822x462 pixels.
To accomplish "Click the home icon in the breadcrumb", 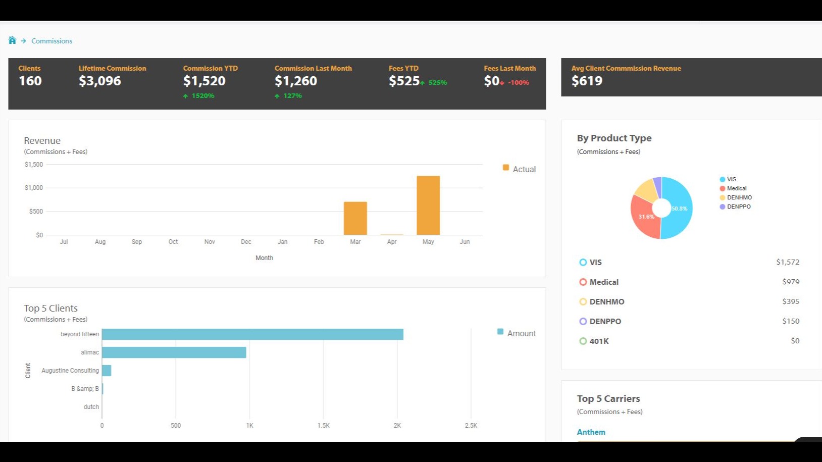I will pos(12,40).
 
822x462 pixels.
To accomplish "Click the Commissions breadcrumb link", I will pos(52,41).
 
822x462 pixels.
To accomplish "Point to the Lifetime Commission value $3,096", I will pos(99,81).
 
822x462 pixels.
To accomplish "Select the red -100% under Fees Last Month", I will pos(518,83).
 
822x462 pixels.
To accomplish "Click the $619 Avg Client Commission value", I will pos(587,81).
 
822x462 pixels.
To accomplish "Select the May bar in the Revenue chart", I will pos(428,206).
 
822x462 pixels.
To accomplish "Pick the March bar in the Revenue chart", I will pos(355,218).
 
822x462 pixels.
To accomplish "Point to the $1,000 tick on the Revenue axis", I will pos(34,188).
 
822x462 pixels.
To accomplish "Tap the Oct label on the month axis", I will pos(173,242).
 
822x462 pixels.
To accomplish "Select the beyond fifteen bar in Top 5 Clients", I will pos(252,334).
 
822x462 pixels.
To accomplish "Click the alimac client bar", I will pos(174,352).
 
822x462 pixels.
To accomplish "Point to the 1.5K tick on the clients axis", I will pos(323,426).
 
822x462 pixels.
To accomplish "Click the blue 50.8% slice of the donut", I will pos(679,208).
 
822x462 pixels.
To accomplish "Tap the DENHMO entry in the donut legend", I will pos(739,197).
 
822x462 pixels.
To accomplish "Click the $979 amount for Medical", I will pos(791,282).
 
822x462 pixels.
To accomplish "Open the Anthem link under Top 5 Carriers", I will pos(591,432).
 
